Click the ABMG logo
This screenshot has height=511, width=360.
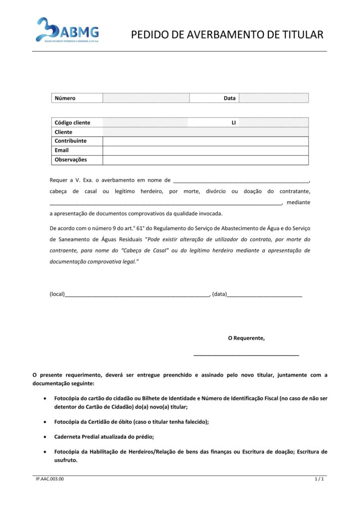point(67,30)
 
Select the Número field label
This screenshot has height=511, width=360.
point(65,98)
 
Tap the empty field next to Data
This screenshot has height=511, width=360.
point(273,98)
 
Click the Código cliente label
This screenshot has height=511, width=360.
point(73,123)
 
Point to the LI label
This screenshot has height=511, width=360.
point(233,123)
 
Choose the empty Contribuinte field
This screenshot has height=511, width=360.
point(205,141)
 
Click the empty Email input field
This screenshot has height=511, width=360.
point(205,150)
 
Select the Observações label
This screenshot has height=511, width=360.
point(71,160)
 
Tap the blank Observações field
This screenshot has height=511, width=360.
point(205,160)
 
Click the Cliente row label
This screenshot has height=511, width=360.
point(64,132)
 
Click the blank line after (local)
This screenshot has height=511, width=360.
point(138,295)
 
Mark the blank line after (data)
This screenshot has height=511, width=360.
point(265,295)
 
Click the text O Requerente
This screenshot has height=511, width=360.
point(246,338)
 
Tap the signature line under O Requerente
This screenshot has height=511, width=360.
point(246,354)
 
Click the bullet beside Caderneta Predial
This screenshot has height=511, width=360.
point(46,437)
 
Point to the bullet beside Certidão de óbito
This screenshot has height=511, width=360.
point(46,422)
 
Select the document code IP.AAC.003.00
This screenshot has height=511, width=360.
point(50,480)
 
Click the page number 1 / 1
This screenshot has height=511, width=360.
point(320,480)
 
